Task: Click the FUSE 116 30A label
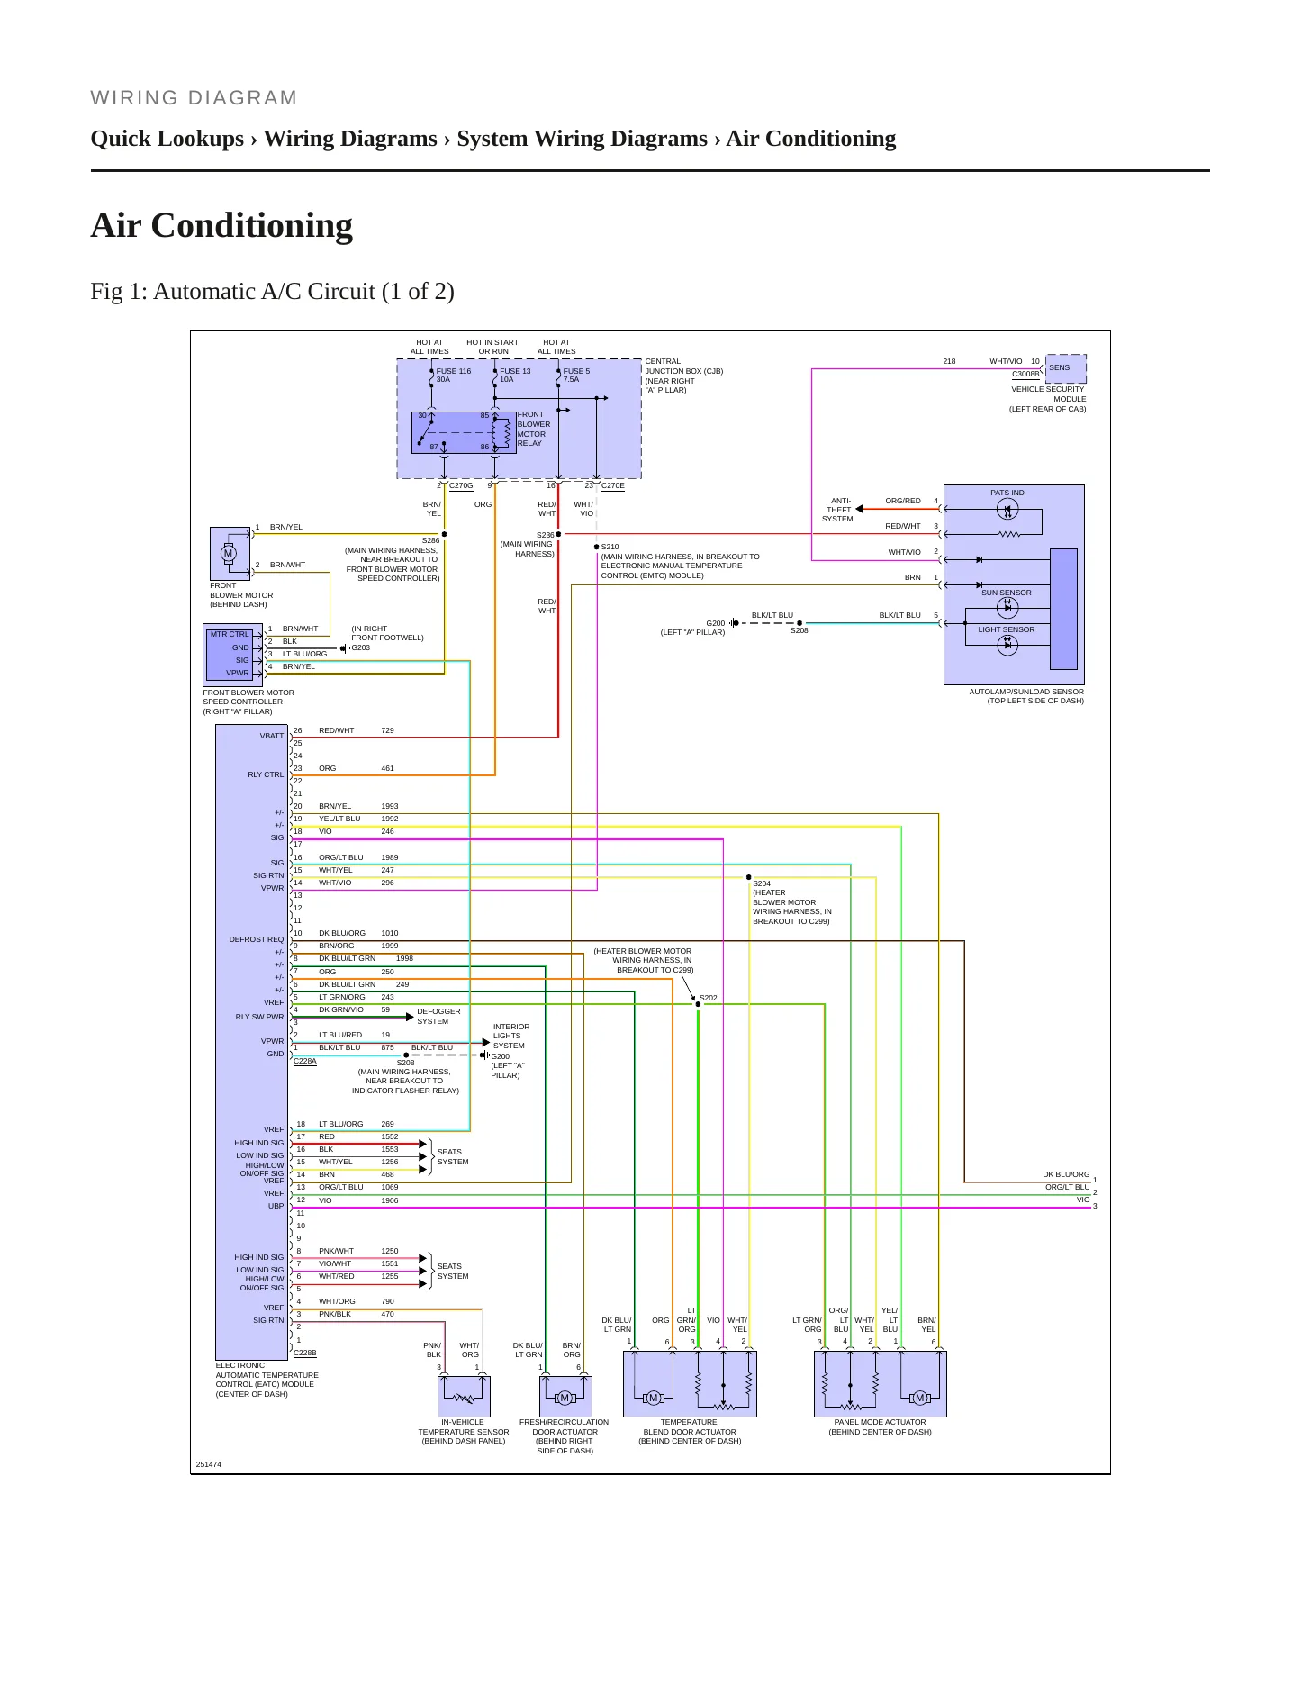[454, 375]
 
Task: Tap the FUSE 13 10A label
[515, 375]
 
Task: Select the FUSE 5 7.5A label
[576, 375]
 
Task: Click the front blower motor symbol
[229, 553]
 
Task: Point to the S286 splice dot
[444, 534]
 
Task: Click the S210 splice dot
[596, 547]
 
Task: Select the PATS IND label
[1007, 493]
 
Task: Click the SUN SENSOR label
[1007, 593]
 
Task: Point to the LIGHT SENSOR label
[1007, 629]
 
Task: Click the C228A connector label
[305, 1061]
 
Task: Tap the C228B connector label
[305, 1353]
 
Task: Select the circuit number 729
[387, 730]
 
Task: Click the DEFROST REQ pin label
[257, 939]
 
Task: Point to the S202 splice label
[709, 998]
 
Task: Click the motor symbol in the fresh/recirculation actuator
[565, 1398]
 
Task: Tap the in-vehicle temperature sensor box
[464, 1396]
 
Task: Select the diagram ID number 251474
[209, 1464]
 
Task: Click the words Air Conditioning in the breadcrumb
[811, 139]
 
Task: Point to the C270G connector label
[461, 485]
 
